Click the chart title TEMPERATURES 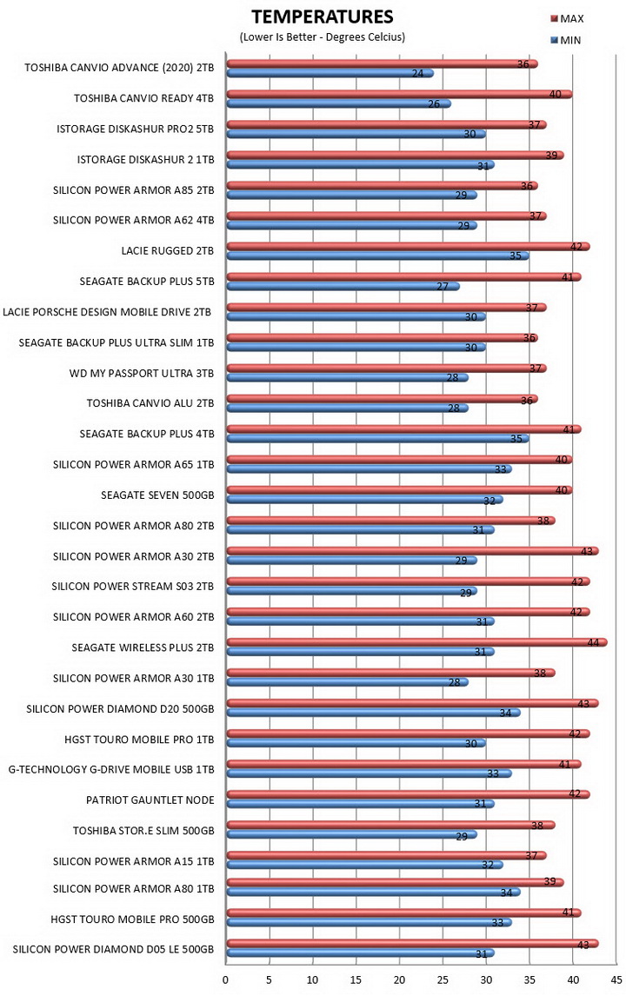click(x=323, y=17)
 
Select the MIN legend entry click(x=566, y=40)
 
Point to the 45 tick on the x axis click(x=616, y=979)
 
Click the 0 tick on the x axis click(x=225, y=979)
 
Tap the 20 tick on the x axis click(x=399, y=979)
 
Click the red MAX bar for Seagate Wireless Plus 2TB click(x=417, y=643)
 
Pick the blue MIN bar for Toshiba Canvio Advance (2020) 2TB click(x=330, y=73)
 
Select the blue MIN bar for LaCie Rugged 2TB click(x=377, y=256)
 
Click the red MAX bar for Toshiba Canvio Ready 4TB click(x=399, y=95)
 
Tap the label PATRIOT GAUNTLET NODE click(x=150, y=800)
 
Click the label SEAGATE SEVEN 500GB click(x=157, y=495)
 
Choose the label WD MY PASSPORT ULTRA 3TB click(x=142, y=373)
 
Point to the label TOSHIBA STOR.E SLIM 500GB click(x=143, y=830)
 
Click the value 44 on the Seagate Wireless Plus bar click(x=593, y=643)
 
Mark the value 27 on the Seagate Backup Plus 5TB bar click(x=443, y=287)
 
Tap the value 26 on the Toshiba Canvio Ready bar click(x=434, y=103)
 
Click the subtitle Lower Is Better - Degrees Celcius click(x=323, y=37)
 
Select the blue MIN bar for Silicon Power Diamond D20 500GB click(x=373, y=713)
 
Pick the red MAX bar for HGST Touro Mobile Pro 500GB click(x=403, y=913)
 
